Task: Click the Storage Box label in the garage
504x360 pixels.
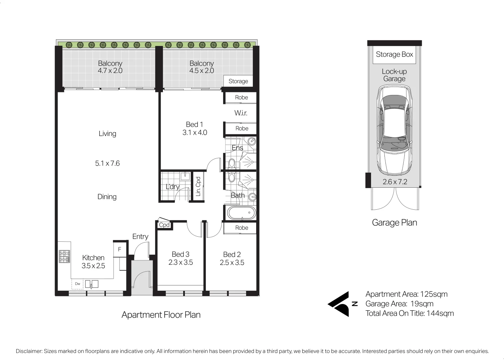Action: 394,54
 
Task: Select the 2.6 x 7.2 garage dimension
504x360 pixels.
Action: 395,182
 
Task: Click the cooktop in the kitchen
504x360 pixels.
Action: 64,256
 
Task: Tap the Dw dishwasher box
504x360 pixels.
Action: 77,284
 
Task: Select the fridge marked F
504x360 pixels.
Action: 119,249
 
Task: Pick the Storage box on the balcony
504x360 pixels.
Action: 238,81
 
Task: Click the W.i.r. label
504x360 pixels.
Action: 241,113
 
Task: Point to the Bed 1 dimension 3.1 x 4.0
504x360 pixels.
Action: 195,133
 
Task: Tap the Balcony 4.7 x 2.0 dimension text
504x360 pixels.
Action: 110,71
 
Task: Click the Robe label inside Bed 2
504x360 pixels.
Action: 242,228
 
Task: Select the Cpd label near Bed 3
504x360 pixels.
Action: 164,225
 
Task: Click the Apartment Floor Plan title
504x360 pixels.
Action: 161,315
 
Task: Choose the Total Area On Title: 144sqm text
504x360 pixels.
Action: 409,313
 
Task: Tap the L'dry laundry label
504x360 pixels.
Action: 173,187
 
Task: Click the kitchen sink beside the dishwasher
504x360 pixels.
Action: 92,284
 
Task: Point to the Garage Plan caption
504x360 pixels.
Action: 394,223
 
